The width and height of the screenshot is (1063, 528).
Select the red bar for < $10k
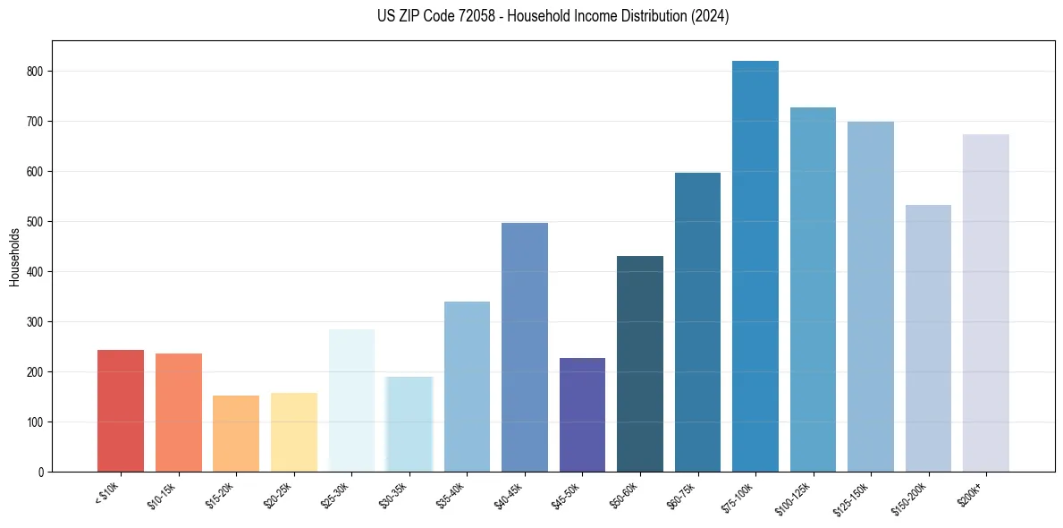coord(121,411)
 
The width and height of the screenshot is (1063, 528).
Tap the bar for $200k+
coord(986,303)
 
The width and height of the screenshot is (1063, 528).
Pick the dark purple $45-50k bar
coord(582,415)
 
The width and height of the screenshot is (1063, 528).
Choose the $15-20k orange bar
coord(236,434)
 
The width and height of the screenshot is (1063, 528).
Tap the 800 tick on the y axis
coord(35,72)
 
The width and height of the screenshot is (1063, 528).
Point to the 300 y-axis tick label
coord(35,322)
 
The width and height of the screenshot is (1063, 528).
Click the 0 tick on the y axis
coord(41,473)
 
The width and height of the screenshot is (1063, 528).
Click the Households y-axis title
coord(15,257)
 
